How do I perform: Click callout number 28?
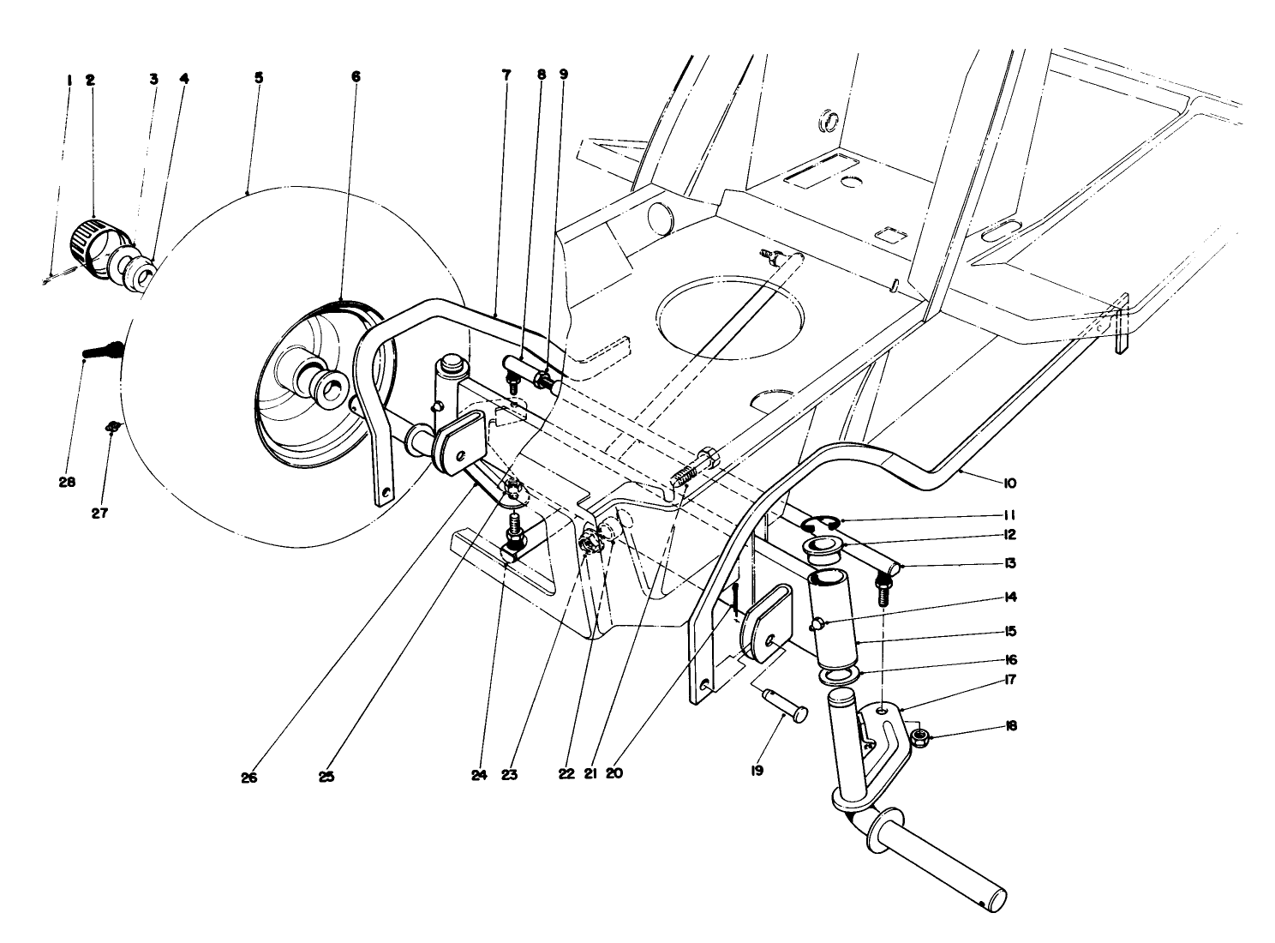click(x=67, y=482)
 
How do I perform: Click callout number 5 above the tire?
click(x=258, y=77)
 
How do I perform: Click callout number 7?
click(x=506, y=75)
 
